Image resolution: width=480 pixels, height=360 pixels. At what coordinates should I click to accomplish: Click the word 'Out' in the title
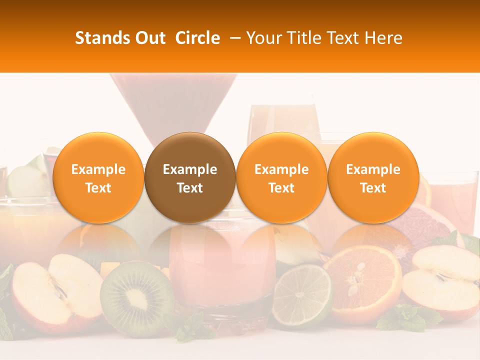(x=150, y=38)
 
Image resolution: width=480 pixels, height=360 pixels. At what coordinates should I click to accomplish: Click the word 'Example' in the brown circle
(x=190, y=169)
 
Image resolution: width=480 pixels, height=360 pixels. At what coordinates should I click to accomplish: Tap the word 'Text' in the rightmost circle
(x=373, y=188)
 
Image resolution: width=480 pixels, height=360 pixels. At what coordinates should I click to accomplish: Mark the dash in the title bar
(x=233, y=38)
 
